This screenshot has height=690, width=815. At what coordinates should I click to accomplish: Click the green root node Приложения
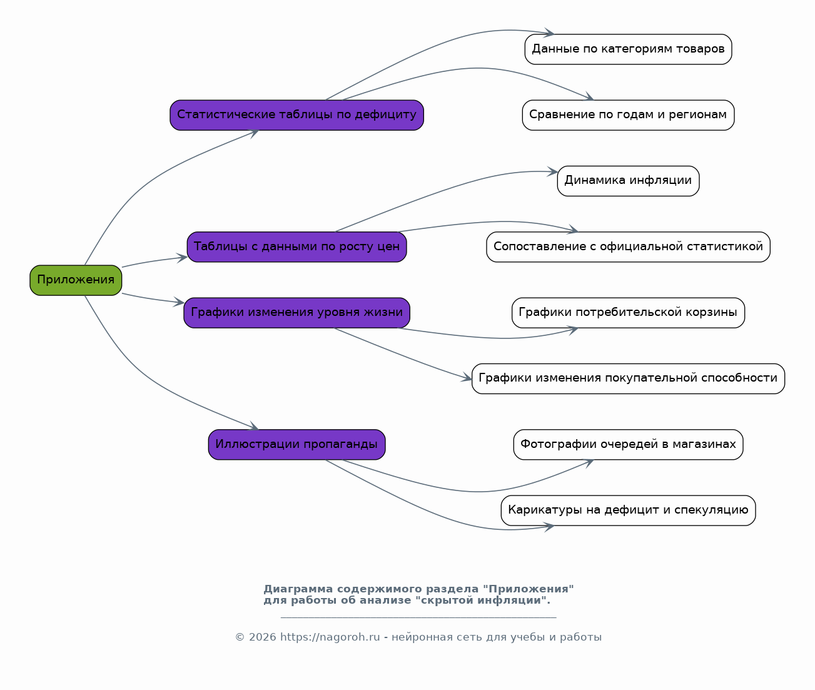tap(76, 280)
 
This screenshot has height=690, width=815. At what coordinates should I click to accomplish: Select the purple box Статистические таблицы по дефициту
tap(297, 115)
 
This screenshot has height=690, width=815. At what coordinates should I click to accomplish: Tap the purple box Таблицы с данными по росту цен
tap(297, 247)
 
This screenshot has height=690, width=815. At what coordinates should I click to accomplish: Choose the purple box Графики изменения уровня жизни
tap(297, 313)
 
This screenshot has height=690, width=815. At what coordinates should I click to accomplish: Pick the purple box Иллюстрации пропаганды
tap(297, 445)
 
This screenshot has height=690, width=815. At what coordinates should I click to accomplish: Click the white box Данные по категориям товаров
tap(629, 49)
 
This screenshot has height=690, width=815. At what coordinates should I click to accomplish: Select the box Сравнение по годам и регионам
tap(629, 115)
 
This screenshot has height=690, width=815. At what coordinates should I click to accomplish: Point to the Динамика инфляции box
tap(629, 181)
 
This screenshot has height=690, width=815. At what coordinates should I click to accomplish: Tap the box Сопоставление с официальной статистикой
tap(629, 247)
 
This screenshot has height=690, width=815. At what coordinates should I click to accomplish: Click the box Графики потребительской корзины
tap(629, 313)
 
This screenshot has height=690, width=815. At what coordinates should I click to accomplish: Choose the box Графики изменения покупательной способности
tap(629, 379)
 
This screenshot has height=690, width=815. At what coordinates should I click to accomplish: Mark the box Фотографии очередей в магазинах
tap(629, 445)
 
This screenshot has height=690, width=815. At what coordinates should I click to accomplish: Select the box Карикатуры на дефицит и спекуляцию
tap(629, 510)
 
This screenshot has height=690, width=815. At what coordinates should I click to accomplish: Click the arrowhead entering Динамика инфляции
tap(552, 172)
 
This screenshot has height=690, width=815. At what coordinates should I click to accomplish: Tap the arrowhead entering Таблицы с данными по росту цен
tap(182, 258)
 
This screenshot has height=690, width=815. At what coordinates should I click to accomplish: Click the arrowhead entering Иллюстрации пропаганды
tap(253, 426)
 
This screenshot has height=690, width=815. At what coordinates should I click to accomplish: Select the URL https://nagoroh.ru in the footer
tap(330, 637)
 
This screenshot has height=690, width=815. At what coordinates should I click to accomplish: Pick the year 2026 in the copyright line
tap(263, 637)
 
